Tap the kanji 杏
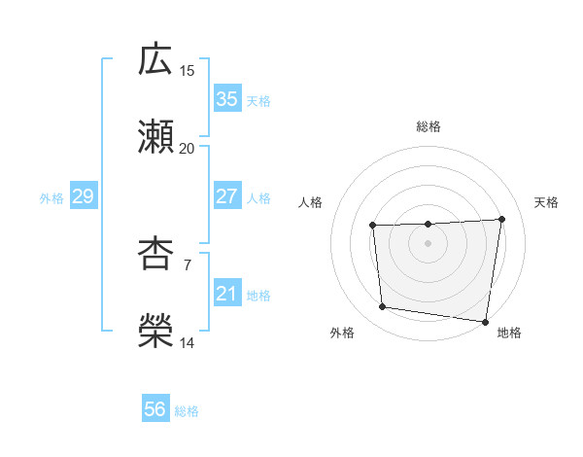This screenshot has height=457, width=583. click(x=155, y=254)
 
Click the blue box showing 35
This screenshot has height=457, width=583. click(x=226, y=99)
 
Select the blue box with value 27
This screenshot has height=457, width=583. click(x=226, y=196)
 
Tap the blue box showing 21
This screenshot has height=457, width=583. click(x=226, y=294)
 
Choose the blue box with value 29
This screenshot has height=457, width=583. click(x=83, y=196)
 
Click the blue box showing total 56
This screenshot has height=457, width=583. click(x=155, y=409)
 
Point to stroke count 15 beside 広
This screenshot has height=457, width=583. click(x=188, y=71)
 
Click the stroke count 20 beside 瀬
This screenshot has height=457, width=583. click(x=188, y=149)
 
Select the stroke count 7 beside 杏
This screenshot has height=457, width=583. click(x=188, y=264)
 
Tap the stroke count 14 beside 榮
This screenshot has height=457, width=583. click(x=188, y=343)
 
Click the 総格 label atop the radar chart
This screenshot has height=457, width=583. click(x=429, y=126)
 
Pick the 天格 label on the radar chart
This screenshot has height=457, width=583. click(x=547, y=202)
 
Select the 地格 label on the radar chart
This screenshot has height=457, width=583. click(x=509, y=333)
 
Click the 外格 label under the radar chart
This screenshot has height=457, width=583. click(x=342, y=333)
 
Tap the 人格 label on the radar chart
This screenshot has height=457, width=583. click(x=310, y=202)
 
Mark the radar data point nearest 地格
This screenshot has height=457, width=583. click(x=486, y=322)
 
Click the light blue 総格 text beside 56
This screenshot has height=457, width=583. click(x=187, y=411)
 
